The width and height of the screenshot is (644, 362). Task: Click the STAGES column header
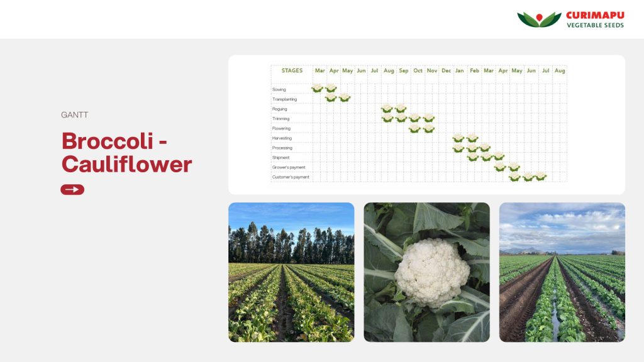[x=292, y=70]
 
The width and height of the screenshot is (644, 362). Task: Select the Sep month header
[x=404, y=70]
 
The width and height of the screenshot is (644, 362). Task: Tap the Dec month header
[x=446, y=70]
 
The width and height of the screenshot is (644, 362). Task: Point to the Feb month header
[x=474, y=70]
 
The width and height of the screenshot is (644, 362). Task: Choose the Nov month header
[x=432, y=70]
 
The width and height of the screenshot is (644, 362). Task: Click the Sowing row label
[x=279, y=89]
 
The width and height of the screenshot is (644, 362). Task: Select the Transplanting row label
[x=284, y=99]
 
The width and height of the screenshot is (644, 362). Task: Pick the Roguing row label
[x=280, y=109]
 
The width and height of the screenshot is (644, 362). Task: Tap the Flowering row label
[x=281, y=128]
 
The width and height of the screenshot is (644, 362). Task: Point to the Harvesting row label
[x=282, y=138]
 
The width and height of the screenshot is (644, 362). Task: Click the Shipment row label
[x=281, y=158]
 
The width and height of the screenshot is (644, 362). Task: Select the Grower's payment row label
[x=289, y=167]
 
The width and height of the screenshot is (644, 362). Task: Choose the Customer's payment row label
[x=291, y=177]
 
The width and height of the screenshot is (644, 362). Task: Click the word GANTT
[x=74, y=115]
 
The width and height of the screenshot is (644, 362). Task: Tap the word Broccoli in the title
[x=108, y=141]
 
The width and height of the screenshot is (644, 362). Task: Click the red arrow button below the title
[x=72, y=190]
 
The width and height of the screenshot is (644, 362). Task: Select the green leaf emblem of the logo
[x=539, y=19]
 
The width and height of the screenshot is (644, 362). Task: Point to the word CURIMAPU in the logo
[x=595, y=16]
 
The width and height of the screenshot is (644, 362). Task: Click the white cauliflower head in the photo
[x=432, y=273]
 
